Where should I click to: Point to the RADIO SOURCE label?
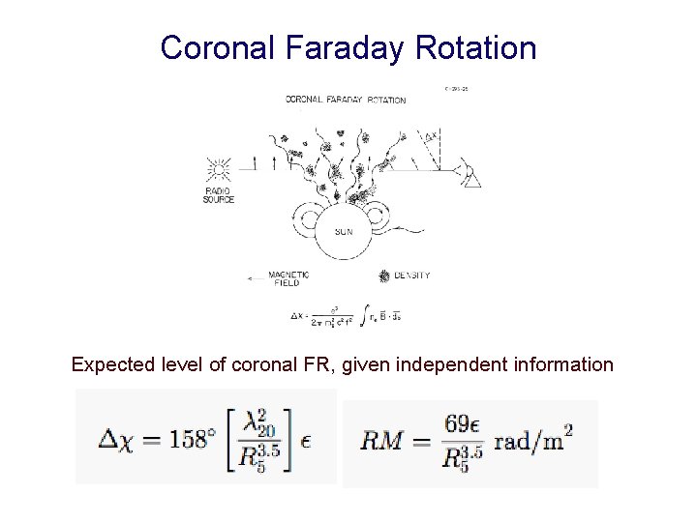(219, 195)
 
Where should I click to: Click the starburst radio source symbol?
(219, 169)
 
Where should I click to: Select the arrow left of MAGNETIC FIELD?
(256, 278)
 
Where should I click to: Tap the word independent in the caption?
(468, 364)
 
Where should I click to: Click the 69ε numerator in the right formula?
(465, 422)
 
